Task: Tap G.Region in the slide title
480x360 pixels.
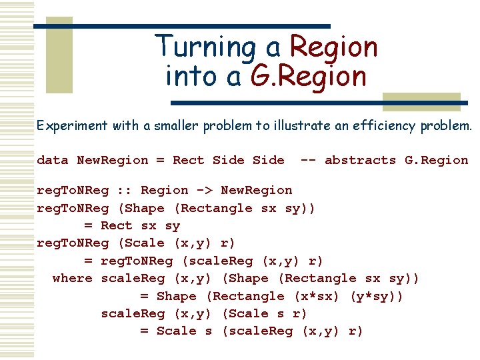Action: (x=309, y=77)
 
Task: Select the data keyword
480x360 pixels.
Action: (x=53, y=160)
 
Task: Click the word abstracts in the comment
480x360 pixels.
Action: (x=360, y=160)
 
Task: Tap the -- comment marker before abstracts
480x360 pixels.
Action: (x=308, y=160)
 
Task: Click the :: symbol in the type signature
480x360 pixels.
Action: (x=124, y=191)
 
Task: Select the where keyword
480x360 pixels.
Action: (x=73, y=278)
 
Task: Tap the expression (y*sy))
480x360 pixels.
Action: (x=376, y=296)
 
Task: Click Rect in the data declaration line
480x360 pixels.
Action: (x=188, y=160)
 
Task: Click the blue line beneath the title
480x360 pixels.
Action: (x=320, y=103)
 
